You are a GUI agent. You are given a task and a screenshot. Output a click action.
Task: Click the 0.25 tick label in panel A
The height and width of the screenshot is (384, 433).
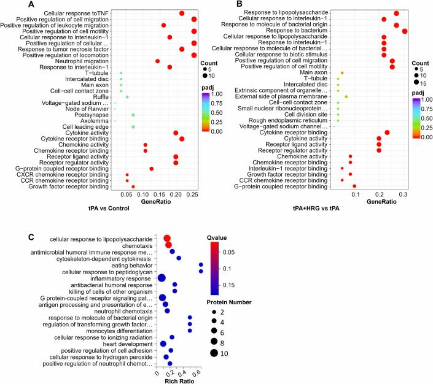click(x=190, y=194)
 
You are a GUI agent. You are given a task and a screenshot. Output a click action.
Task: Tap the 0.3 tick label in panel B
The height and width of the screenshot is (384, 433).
click(x=404, y=194)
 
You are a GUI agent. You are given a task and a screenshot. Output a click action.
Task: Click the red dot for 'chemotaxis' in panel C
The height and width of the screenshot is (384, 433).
click(x=169, y=245)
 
